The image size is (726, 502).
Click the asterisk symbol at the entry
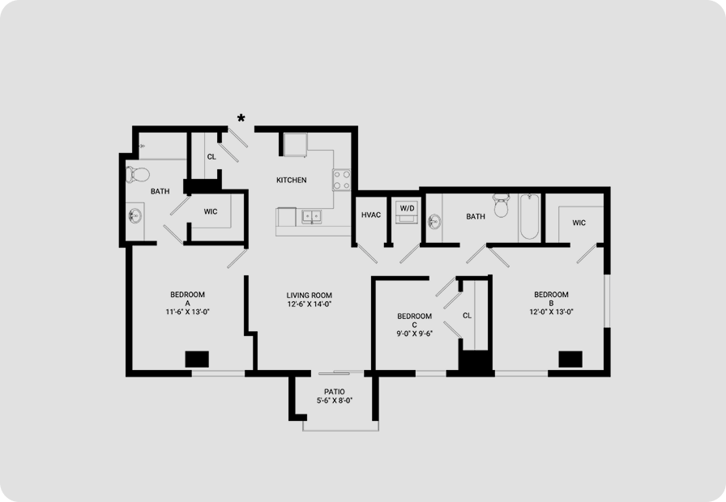(x=241, y=118)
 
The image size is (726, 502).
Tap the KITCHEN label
(x=291, y=180)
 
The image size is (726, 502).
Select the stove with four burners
(x=342, y=180)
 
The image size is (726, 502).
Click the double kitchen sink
(x=312, y=216)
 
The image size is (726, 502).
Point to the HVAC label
(x=371, y=215)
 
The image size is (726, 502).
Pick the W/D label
(x=407, y=208)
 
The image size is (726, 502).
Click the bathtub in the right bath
(x=530, y=216)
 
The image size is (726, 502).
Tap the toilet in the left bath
(x=138, y=174)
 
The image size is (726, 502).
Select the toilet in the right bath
(x=501, y=206)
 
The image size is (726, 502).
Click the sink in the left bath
(x=135, y=215)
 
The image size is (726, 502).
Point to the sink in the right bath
(x=433, y=222)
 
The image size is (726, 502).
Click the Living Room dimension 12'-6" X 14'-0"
(x=309, y=304)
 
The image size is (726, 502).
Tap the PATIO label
(x=334, y=392)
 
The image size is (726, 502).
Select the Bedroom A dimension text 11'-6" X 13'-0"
(x=187, y=312)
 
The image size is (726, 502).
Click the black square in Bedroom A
(x=197, y=359)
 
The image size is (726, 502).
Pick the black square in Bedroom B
(x=570, y=359)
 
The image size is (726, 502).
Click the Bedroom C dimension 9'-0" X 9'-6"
(x=414, y=334)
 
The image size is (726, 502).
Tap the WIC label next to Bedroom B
(x=579, y=223)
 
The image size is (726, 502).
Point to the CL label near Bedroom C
(x=468, y=316)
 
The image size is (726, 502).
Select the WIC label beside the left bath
(x=210, y=212)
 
